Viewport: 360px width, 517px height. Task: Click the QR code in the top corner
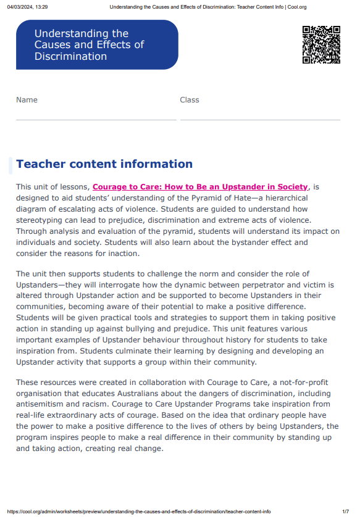[321, 44]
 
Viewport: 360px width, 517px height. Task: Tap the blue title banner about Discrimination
[97, 45]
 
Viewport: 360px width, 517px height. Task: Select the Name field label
[27, 100]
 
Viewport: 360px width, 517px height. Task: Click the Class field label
[190, 100]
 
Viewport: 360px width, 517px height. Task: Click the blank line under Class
[260, 119]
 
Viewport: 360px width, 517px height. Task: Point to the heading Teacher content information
[104, 164]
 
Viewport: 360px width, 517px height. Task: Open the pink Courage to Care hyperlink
[199, 187]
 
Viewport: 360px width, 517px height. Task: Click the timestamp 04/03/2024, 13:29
[27, 7]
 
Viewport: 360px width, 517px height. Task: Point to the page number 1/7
[345, 511]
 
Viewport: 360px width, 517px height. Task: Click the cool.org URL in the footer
[139, 511]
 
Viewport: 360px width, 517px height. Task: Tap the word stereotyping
[41, 220]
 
